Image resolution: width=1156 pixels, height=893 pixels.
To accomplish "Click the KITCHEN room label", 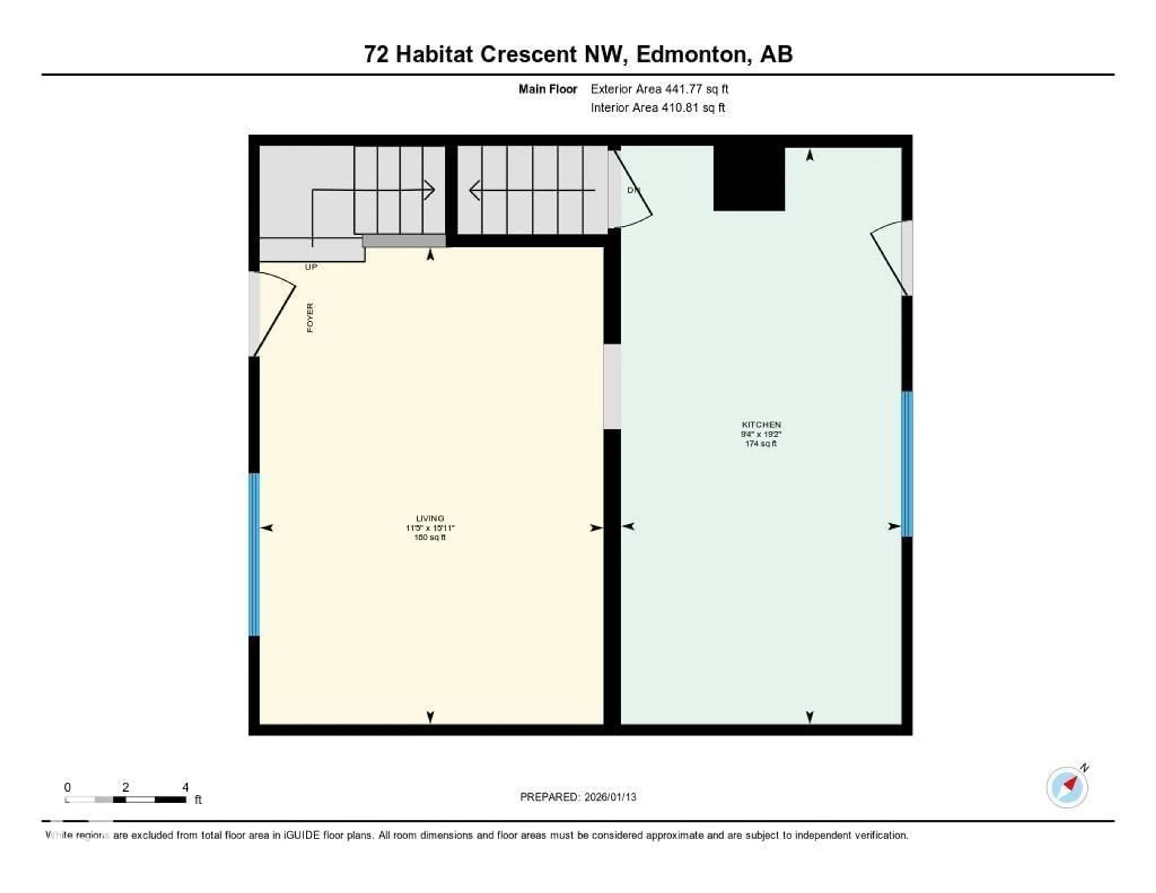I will click(x=761, y=425).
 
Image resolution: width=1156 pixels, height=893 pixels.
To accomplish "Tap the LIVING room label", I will click(x=430, y=518).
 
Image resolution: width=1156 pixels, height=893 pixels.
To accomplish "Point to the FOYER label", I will click(x=310, y=318).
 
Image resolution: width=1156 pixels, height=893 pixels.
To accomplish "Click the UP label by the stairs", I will click(x=311, y=267).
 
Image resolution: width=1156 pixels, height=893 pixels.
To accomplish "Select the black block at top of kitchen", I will click(x=749, y=178).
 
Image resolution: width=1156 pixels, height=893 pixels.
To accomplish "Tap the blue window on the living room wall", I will click(x=255, y=554).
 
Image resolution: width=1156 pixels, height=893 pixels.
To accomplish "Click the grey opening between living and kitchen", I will click(x=612, y=386).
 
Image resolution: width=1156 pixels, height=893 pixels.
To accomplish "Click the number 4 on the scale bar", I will click(x=185, y=787).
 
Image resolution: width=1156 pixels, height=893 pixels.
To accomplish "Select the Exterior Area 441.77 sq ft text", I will click(x=659, y=89).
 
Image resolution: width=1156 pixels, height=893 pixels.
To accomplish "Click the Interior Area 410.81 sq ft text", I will click(x=657, y=107).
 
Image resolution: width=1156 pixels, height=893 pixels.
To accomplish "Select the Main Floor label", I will click(x=547, y=89).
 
